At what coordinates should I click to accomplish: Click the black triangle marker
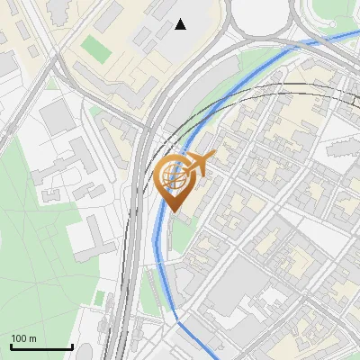coord(181,24)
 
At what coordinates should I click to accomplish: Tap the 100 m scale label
coord(23,337)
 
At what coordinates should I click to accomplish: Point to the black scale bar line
coord(41,347)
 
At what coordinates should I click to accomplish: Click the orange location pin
coord(175,184)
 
